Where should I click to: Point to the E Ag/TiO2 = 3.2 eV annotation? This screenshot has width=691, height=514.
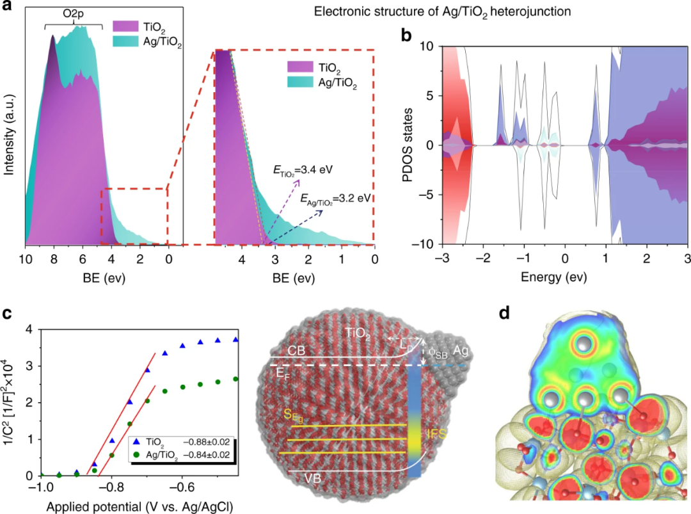point(336,198)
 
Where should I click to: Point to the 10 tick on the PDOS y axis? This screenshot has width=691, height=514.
point(426,46)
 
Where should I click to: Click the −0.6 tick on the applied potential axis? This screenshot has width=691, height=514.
point(182,486)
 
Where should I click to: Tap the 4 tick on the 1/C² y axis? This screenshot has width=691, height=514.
point(28,330)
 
